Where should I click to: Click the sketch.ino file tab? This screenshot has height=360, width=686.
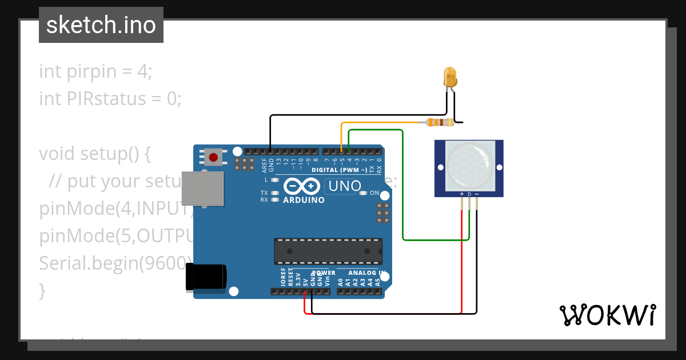tap(101, 25)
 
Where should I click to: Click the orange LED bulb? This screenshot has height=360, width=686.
tap(450, 75)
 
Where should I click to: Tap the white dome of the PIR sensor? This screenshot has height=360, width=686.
tap(469, 166)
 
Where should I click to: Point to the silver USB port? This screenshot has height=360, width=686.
tap(202, 188)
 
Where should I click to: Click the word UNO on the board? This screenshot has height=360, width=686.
tap(344, 186)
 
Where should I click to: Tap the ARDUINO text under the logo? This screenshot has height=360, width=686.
tap(304, 200)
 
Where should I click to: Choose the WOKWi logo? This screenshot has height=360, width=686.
tap(607, 315)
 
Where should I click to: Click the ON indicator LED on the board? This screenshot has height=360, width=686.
tap(363, 193)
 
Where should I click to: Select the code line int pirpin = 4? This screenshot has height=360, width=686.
tap(95, 71)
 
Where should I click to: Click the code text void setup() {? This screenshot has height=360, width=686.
tap(94, 154)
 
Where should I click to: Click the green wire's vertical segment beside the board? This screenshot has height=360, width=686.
tap(403, 189)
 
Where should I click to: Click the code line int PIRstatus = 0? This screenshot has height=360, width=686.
tap(110, 99)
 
